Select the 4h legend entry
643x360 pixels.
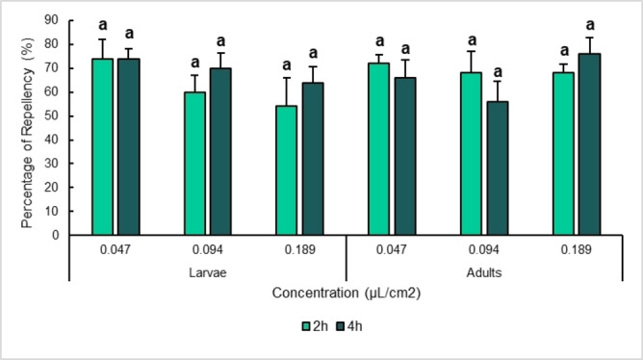point(342,326)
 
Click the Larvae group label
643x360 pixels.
point(208,272)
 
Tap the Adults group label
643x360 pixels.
point(484,272)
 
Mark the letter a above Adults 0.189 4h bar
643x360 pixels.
point(589,26)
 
